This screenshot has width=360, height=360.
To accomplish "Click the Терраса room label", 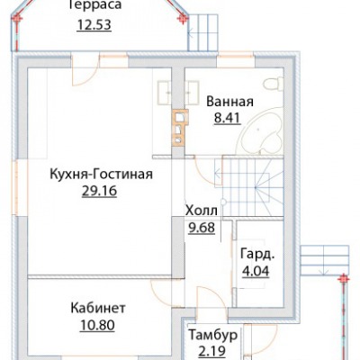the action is (x=94, y=5).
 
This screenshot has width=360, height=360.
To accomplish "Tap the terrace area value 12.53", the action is (x=94, y=25).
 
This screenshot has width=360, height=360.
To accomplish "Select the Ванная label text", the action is (x=229, y=102).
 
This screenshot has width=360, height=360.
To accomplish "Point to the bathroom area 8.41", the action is (x=228, y=118).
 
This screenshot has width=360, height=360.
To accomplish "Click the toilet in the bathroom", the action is (x=274, y=84).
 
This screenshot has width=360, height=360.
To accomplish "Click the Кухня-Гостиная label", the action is (x=101, y=174).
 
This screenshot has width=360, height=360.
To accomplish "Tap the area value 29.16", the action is (x=99, y=191).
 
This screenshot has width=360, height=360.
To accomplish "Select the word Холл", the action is (x=202, y=211).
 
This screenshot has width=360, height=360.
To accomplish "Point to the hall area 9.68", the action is (x=202, y=228).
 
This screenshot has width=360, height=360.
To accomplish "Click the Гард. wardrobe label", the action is (x=257, y=256).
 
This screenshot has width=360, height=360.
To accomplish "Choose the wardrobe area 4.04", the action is (x=256, y=272).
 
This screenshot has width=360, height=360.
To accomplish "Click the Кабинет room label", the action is (x=98, y=308).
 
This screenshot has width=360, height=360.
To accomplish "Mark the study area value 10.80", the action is (x=97, y=325).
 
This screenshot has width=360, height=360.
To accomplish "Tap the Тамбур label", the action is (x=213, y=336).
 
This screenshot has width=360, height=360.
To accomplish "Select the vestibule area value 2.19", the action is (x=211, y=353).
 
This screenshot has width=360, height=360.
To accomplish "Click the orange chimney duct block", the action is (x=180, y=128).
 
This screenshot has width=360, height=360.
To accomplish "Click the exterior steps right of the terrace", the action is (x=204, y=32).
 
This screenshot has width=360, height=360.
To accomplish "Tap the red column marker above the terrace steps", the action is (x=182, y=19).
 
